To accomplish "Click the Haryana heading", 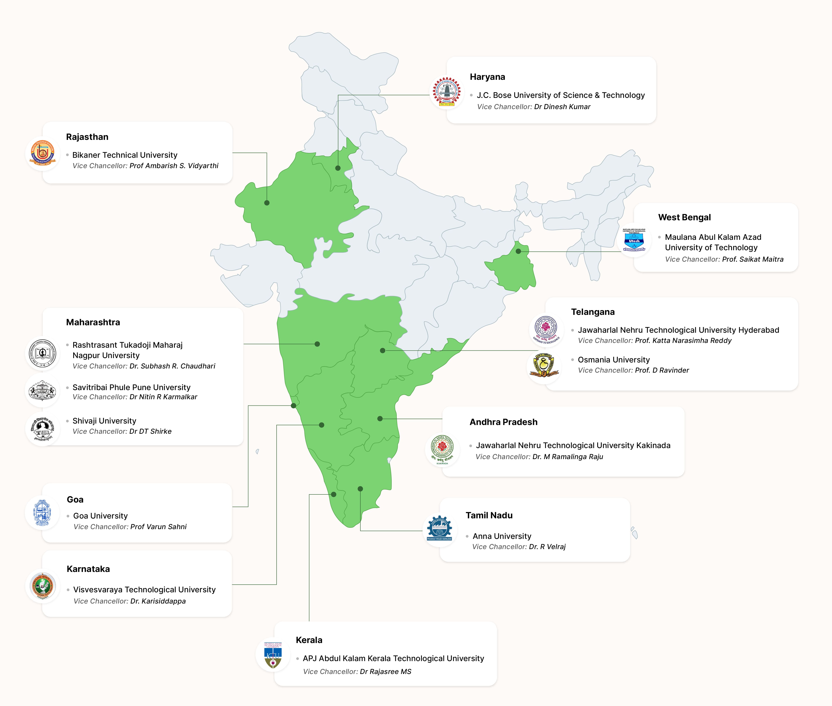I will click(x=487, y=77).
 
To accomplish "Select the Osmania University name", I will click(x=613, y=360).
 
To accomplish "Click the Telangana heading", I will click(x=593, y=312).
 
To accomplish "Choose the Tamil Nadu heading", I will click(x=489, y=515).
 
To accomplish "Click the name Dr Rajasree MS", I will click(x=386, y=672).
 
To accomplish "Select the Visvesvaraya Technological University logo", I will click(x=42, y=585).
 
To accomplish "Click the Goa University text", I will click(x=100, y=516).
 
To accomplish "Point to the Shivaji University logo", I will click(x=42, y=429).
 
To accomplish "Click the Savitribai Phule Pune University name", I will click(x=131, y=387).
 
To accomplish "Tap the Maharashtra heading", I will click(x=93, y=322).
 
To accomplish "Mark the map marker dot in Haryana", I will click(x=338, y=168).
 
